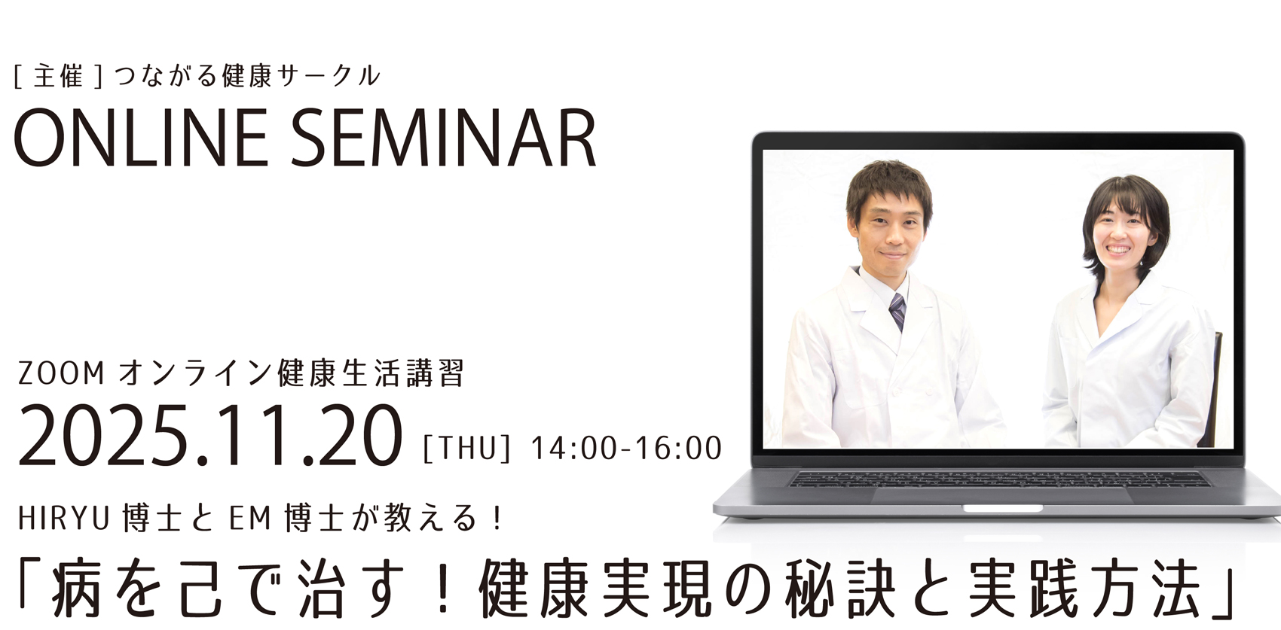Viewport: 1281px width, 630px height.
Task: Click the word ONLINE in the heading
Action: (x=141, y=138)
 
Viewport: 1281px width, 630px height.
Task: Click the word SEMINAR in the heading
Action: (x=444, y=138)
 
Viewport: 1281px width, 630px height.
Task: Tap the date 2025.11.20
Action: (x=211, y=437)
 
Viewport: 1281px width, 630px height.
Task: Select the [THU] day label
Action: (x=466, y=449)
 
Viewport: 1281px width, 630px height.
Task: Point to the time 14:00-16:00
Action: (x=626, y=449)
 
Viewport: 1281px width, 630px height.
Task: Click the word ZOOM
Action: (x=61, y=374)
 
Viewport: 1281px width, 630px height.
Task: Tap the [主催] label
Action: (x=58, y=76)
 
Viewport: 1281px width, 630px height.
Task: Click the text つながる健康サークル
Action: (x=247, y=76)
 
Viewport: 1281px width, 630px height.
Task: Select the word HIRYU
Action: (x=63, y=519)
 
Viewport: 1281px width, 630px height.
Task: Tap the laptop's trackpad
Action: (x=1002, y=495)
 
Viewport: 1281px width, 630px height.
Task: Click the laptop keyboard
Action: (x=998, y=479)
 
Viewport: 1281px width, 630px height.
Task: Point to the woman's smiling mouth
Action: (x=1118, y=250)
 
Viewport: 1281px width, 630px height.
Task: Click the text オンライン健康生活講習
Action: (x=291, y=374)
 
